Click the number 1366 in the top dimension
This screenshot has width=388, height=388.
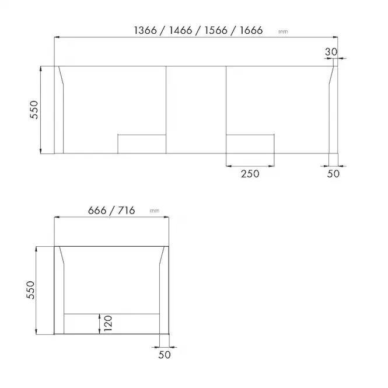click(145, 30)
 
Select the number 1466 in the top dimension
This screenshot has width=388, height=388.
click(180, 30)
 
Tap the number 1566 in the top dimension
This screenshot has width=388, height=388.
click(216, 30)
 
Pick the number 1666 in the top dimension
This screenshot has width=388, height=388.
click(251, 30)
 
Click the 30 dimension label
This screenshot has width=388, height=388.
click(331, 52)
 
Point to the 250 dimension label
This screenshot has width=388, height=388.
click(250, 174)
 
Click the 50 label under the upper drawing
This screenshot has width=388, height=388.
click(333, 174)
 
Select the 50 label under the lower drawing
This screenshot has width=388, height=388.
click(165, 355)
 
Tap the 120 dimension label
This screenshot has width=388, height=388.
click(108, 323)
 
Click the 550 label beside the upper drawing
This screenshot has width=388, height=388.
click(34, 110)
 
